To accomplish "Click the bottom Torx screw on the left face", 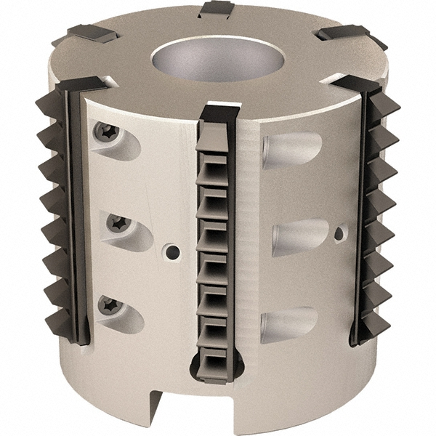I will [x=108, y=305].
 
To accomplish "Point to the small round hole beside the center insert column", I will [x=171, y=252].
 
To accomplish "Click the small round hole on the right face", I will [x=339, y=234].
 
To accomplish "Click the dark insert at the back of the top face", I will [x=217, y=9].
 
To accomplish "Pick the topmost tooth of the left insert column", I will [x=49, y=108].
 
